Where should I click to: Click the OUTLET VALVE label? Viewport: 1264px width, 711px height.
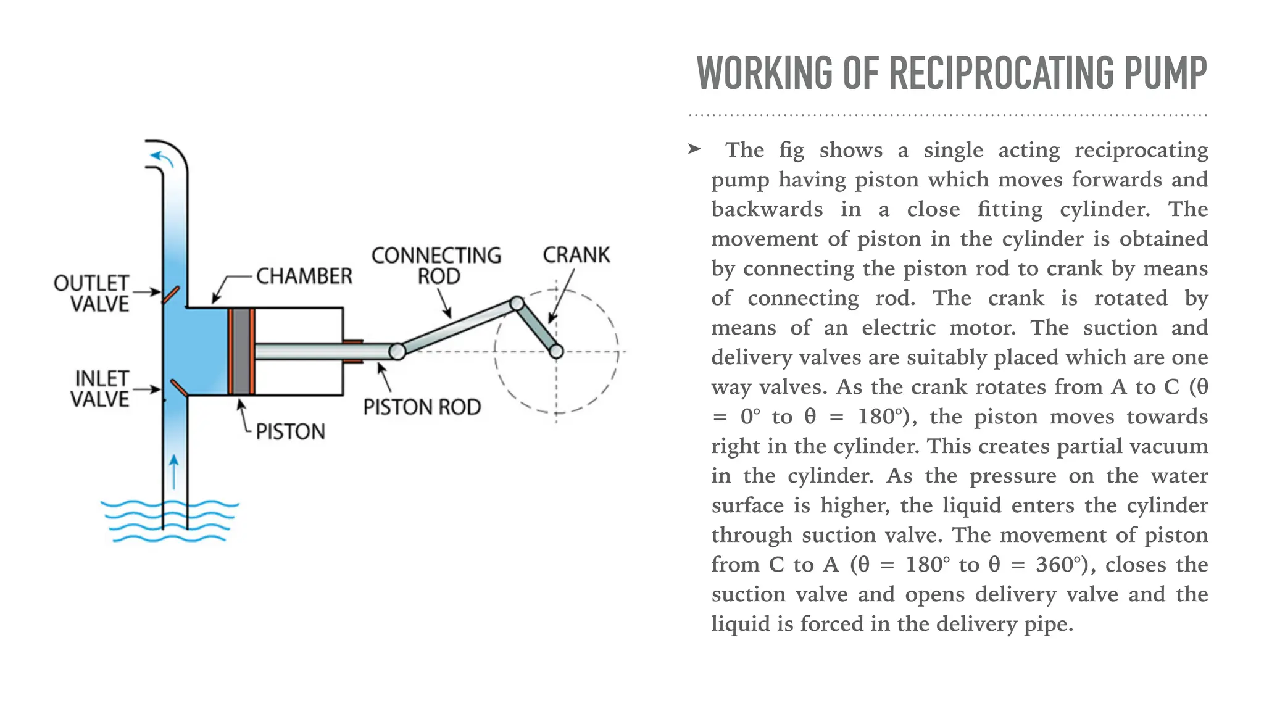tap(91, 293)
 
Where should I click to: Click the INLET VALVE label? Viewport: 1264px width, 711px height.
tap(100, 389)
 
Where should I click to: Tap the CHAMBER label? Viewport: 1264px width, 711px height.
tap(304, 276)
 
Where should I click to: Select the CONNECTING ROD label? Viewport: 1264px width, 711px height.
tap(436, 265)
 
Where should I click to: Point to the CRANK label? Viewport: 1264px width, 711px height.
tap(576, 255)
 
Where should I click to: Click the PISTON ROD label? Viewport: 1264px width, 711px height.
tap(422, 407)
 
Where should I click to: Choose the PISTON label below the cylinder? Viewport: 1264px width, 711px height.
tap(290, 431)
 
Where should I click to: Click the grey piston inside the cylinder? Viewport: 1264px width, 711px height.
tap(241, 351)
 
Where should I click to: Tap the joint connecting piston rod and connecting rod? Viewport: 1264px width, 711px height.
tap(397, 352)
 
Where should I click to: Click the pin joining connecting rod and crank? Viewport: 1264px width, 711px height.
tap(517, 303)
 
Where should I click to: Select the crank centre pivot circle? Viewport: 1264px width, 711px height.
tap(556, 352)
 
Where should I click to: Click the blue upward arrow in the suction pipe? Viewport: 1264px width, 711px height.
tap(175, 472)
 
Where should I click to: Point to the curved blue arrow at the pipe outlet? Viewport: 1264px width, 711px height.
tap(162, 158)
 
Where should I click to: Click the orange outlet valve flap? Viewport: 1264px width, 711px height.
tap(171, 294)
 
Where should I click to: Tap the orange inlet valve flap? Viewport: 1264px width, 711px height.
tap(179, 388)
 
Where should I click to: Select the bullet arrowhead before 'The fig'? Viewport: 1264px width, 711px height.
tap(694, 149)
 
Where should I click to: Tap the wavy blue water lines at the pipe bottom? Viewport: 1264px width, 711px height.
tap(170, 522)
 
